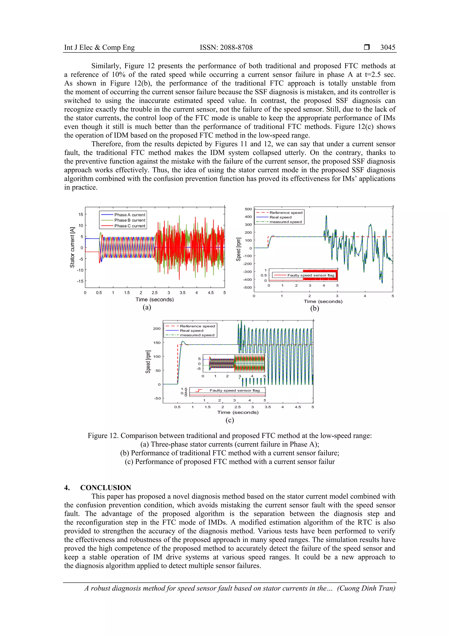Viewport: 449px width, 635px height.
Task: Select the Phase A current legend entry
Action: [130, 215]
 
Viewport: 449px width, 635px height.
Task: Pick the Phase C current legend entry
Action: [130, 226]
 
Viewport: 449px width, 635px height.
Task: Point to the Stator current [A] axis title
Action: [72, 247]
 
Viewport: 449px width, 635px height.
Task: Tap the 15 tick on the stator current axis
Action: [80, 214]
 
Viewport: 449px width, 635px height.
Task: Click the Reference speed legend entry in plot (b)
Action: [286, 213]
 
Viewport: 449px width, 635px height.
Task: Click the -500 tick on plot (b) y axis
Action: [248, 287]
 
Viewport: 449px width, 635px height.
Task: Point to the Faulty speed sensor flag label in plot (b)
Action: [311, 275]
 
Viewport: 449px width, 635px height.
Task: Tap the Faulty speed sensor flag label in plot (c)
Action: [234, 391]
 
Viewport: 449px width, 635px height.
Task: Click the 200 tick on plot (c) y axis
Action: [157, 328]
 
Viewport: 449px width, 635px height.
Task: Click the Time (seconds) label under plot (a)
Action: [155, 300]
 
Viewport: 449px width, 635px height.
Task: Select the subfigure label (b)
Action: [315, 308]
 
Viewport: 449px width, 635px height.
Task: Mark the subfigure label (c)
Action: [230, 420]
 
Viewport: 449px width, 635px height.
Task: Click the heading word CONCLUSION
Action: [106, 488]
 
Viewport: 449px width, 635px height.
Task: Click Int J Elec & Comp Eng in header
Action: [99, 47]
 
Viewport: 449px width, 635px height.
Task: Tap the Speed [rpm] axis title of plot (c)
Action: [148, 362]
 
